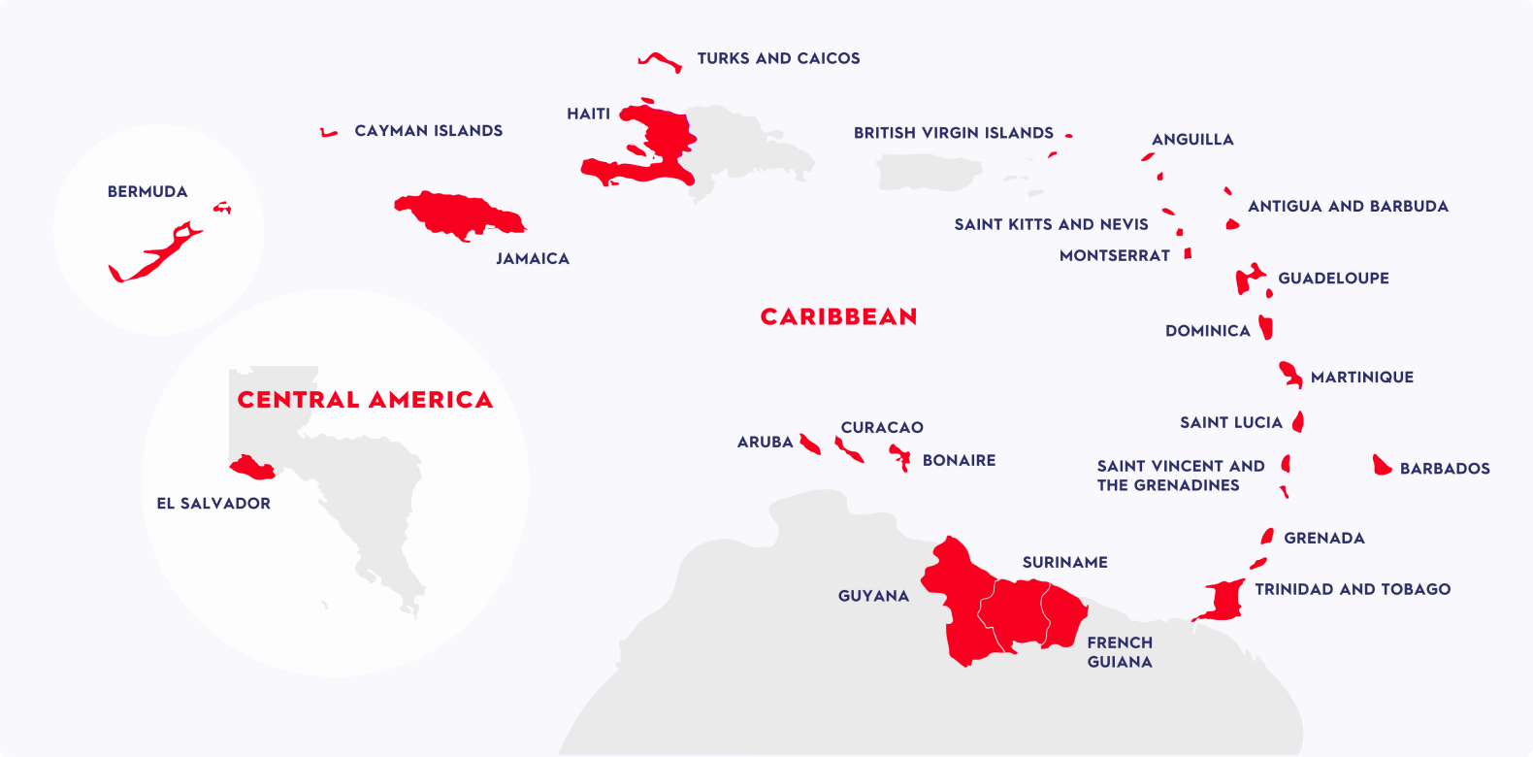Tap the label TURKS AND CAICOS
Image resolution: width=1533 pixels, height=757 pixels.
[778, 58]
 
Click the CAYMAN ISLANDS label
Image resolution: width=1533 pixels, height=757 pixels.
[428, 131]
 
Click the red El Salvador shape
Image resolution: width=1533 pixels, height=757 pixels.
[253, 468]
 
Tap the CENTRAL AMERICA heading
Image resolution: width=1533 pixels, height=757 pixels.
[365, 400]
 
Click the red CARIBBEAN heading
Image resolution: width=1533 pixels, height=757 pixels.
[838, 317]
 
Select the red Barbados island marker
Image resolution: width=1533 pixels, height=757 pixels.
[1382, 465]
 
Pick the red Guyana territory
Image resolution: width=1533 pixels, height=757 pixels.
[956, 602]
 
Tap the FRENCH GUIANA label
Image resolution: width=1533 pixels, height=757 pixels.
[1120, 652]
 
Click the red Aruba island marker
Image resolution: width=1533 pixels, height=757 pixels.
[809, 444]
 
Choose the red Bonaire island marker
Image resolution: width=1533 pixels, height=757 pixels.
[901, 456]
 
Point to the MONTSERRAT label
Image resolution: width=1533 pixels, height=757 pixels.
[1114, 256]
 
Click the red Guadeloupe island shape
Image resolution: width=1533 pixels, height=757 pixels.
[1248, 280]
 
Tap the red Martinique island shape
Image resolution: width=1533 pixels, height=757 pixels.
[1290, 374]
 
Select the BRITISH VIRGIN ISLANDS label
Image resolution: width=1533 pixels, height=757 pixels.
[953, 133]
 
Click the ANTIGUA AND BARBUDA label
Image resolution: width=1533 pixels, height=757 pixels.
[1348, 207]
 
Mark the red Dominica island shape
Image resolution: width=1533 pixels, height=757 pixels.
[1266, 327]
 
